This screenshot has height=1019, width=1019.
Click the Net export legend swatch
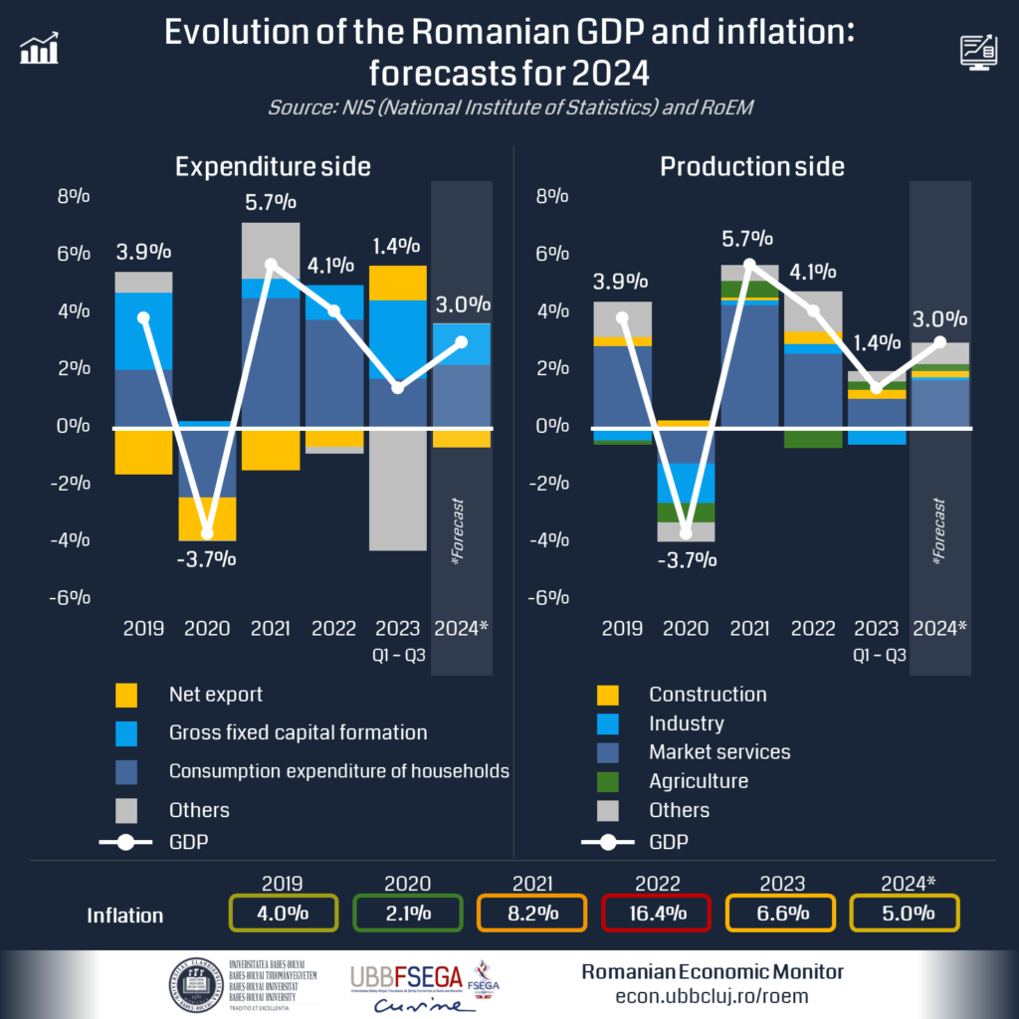pyautogui.click(x=126, y=695)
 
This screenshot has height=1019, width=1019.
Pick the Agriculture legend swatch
pyautogui.click(x=608, y=782)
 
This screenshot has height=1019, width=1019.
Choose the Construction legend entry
pyautogui.click(x=708, y=695)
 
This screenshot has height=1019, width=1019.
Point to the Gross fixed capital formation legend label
pyautogui.click(x=298, y=733)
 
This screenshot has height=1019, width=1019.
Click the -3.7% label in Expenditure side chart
pyautogui.click(x=206, y=559)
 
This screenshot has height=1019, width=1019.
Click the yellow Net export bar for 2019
pyautogui.click(x=143, y=451)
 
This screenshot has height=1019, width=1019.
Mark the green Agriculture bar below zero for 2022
pyautogui.click(x=812, y=438)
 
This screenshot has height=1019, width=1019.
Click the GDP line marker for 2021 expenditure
pyautogui.click(x=271, y=265)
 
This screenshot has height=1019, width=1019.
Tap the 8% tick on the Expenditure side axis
pyautogui.click(x=74, y=197)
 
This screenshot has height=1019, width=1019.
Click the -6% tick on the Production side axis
pyautogui.click(x=549, y=598)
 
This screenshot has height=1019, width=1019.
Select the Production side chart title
pyautogui.click(x=751, y=166)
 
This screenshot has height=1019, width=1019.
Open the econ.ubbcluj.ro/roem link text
pyautogui.click(x=712, y=995)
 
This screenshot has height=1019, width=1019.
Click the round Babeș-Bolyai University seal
pyautogui.click(x=194, y=984)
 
